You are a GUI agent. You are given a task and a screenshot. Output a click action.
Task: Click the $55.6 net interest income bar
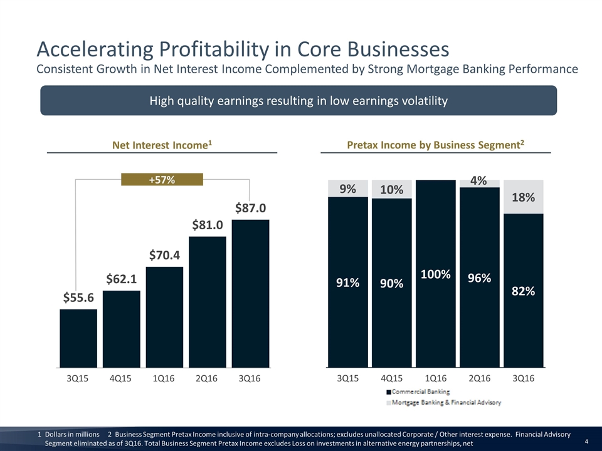(x=78, y=338)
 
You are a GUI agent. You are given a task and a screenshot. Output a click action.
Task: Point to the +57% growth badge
(x=162, y=180)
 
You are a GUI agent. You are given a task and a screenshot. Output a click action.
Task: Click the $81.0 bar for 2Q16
(x=208, y=301)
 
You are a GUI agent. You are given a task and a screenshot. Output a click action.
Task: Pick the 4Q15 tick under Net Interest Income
(x=121, y=379)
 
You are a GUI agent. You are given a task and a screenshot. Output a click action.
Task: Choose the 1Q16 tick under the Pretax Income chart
(x=435, y=379)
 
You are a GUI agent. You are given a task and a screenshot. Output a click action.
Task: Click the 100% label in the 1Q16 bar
(x=435, y=274)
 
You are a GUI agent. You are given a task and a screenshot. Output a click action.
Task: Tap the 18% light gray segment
(x=523, y=197)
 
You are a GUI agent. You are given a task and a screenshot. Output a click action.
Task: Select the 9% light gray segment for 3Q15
(x=348, y=189)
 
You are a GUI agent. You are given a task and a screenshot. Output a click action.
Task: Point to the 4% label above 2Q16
(x=479, y=180)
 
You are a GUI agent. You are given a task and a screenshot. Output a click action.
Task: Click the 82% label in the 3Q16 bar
(x=523, y=291)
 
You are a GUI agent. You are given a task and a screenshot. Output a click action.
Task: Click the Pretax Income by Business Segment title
(x=435, y=145)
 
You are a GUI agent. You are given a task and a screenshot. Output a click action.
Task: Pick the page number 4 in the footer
(x=586, y=441)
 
